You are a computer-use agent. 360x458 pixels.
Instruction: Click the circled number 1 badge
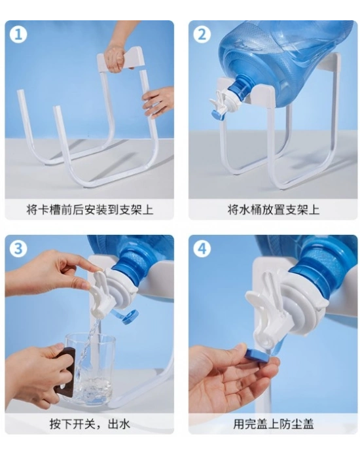(18, 35)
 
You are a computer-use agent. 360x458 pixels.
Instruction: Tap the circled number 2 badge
(202, 35)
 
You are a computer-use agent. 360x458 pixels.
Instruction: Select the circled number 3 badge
(18, 249)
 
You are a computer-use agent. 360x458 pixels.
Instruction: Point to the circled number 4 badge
(202, 249)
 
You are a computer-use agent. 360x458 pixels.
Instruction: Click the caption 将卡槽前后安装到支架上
(90, 210)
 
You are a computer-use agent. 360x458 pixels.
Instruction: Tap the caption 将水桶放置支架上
(274, 210)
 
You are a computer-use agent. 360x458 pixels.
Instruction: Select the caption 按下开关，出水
(90, 424)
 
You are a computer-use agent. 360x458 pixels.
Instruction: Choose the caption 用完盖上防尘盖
(274, 424)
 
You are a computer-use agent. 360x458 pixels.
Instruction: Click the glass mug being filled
(90, 368)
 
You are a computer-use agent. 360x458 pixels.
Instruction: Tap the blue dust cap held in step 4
(257, 355)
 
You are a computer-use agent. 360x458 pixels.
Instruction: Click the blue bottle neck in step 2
(240, 86)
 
